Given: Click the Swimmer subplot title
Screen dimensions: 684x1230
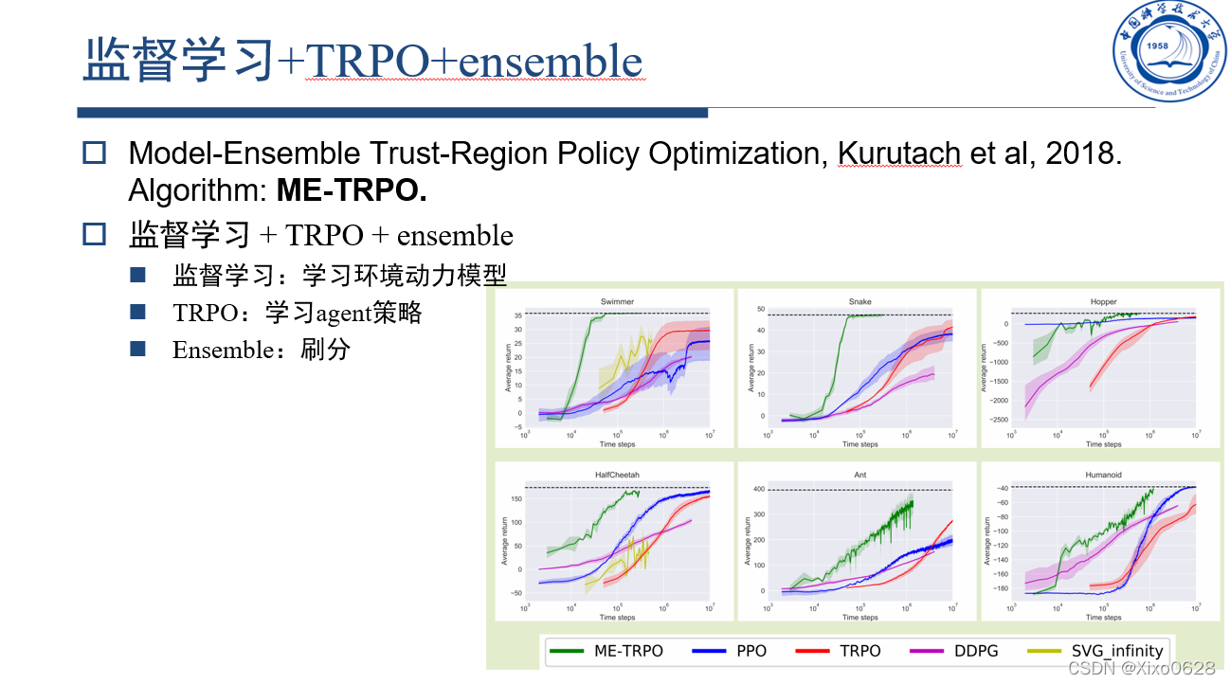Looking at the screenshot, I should click(x=617, y=302).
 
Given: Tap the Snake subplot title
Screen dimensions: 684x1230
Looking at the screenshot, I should click(x=859, y=302).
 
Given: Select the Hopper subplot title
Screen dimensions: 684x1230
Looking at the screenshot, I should click(x=1103, y=302).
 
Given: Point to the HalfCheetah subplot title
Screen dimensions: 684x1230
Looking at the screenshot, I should click(x=617, y=475).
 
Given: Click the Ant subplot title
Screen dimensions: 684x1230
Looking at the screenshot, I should click(x=859, y=475).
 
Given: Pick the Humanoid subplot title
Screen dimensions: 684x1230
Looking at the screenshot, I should click(x=1103, y=475).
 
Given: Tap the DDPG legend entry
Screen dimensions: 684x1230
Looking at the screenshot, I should click(x=956, y=651).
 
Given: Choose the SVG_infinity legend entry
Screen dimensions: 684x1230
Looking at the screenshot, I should click(x=1099, y=651).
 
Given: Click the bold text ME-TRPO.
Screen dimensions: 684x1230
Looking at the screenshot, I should click(x=352, y=190).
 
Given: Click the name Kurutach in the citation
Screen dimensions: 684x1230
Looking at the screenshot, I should click(x=900, y=153).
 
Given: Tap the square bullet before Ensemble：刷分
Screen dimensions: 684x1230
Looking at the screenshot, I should click(x=138, y=350).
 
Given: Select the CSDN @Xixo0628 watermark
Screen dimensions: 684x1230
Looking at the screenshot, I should click(x=1140, y=668).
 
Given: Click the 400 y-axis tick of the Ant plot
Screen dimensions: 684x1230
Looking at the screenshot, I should click(x=758, y=489).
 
